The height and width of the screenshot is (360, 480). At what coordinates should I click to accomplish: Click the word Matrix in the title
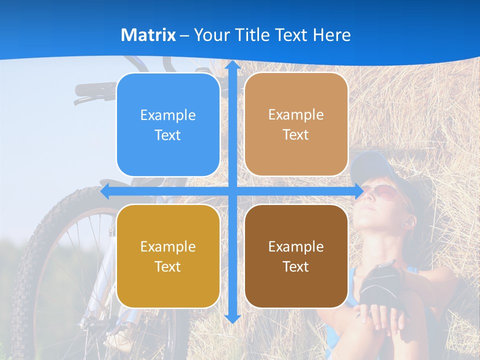coord(148,35)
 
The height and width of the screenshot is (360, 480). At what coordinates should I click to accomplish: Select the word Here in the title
coord(331,35)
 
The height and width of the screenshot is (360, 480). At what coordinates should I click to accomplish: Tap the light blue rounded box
coord(168,125)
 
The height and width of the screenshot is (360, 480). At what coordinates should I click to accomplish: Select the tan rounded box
coord(296,125)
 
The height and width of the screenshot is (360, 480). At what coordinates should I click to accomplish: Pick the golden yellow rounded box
coord(168,256)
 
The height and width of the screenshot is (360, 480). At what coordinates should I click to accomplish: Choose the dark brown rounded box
coord(296,256)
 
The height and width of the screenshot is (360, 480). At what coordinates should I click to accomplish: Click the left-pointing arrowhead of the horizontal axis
coord(105,191)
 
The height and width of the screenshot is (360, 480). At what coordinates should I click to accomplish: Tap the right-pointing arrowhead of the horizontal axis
coord(359,191)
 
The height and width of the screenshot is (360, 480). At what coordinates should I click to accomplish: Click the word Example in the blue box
coord(168,115)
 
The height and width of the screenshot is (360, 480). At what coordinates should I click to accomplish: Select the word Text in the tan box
coord(296,135)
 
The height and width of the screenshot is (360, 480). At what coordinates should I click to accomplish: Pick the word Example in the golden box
coord(168,246)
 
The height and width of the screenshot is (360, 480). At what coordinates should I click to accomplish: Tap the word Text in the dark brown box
coord(296,266)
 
